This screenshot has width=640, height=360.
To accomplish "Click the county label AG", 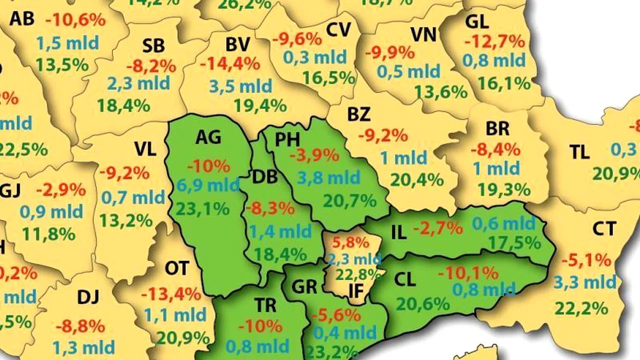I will (x=209, y=137).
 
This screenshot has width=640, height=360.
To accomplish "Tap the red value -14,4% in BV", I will (x=230, y=64).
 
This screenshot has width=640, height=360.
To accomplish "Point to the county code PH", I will (x=288, y=140).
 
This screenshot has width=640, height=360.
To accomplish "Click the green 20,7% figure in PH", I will (x=349, y=200).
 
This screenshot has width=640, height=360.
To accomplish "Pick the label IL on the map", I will (x=398, y=232).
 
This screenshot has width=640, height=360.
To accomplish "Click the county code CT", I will (x=604, y=229).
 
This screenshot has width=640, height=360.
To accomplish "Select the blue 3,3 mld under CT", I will (x=584, y=283).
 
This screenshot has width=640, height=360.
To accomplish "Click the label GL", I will (x=477, y=22).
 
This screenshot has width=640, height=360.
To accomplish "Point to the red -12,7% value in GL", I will (x=494, y=41).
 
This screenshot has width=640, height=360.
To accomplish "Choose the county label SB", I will (x=153, y=46).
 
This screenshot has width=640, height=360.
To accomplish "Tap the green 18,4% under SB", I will (x=123, y=105).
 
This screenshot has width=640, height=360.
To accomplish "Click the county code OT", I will (x=177, y=269).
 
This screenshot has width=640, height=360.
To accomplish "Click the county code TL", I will (x=579, y=152).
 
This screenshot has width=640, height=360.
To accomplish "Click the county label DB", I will (x=265, y=177).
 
